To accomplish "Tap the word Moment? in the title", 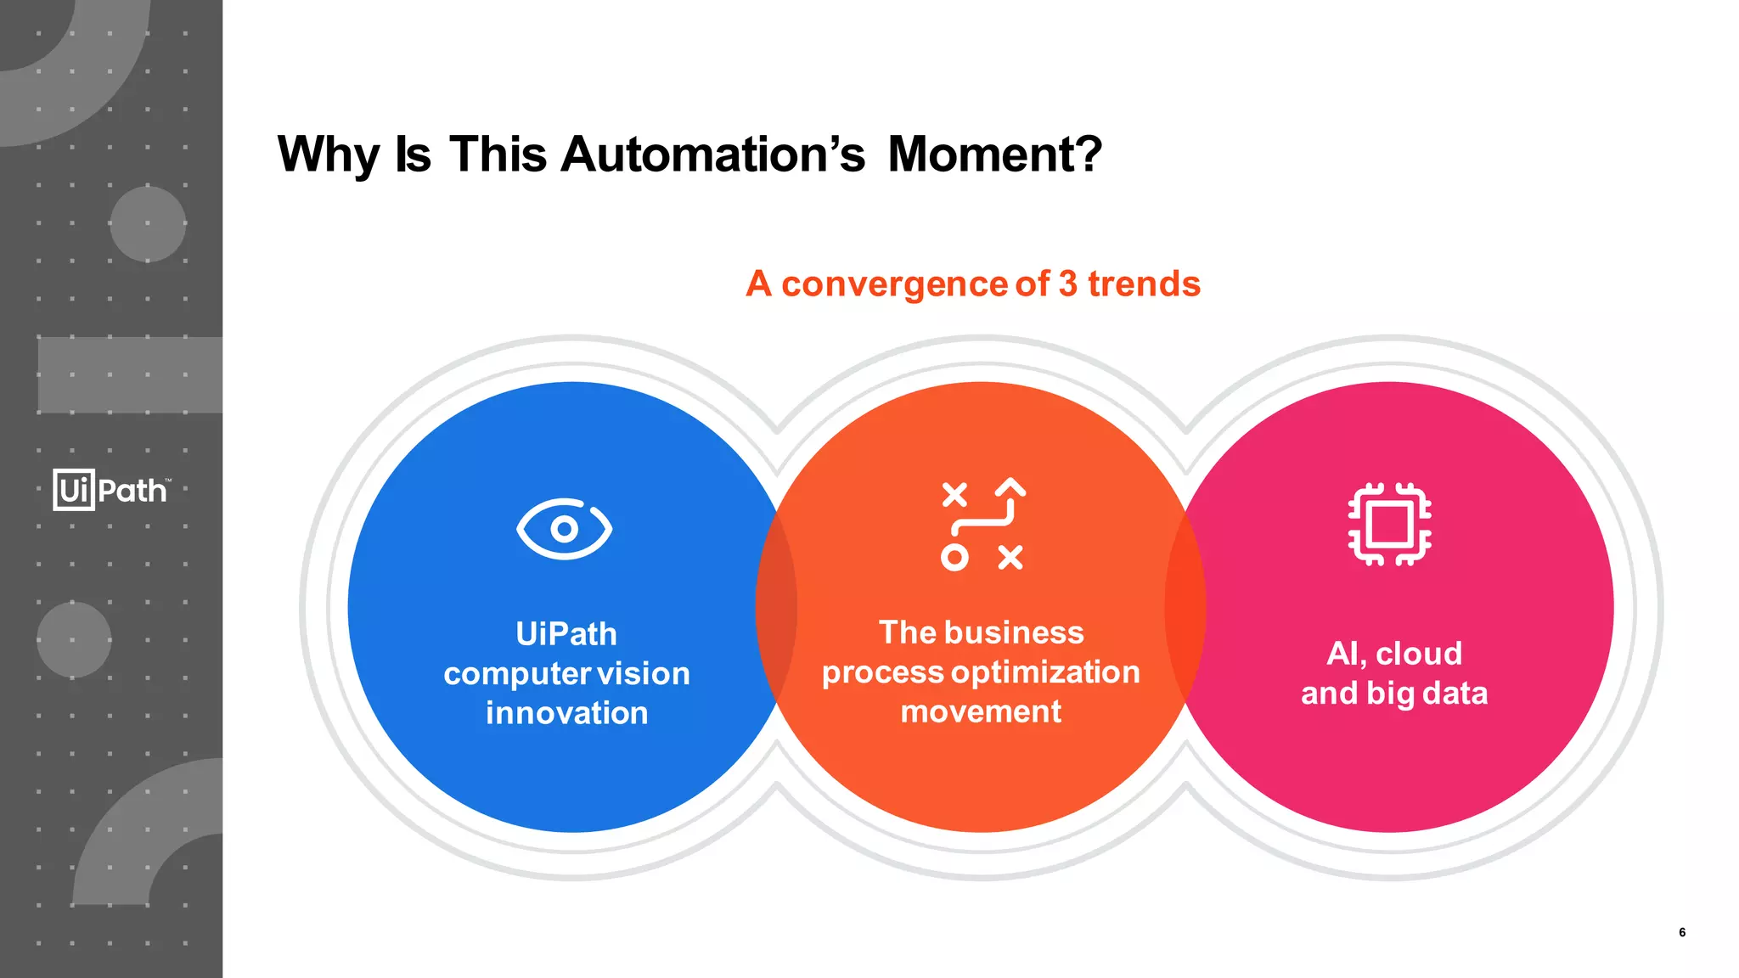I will [x=994, y=155].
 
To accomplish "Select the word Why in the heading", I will [x=328, y=155].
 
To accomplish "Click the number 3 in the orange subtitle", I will [x=1067, y=284].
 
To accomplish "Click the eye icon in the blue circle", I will [x=564, y=529].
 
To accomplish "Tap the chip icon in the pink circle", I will [x=1389, y=524].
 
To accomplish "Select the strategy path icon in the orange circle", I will [x=982, y=524].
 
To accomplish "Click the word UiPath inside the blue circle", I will [x=566, y=634].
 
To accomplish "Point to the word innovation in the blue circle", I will [x=566, y=713].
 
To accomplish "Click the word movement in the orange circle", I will [x=981, y=711].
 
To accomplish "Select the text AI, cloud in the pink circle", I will [x=1394, y=654].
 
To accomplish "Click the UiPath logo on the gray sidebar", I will [x=111, y=490].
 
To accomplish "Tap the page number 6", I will [x=1681, y=932].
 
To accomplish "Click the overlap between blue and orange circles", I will [x=776, y=607].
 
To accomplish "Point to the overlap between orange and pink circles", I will [x=1185, y=607].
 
